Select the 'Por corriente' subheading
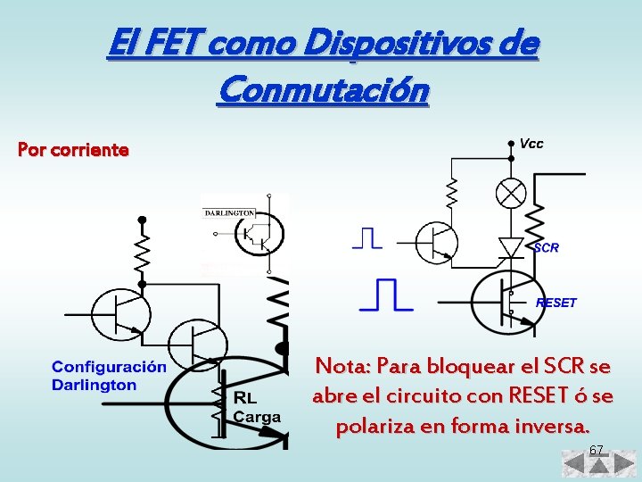point(73,149)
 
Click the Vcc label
point(531,143)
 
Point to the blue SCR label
point(546,247)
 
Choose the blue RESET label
point(556,303)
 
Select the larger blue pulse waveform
point(385,295)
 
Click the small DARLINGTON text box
point(230,212)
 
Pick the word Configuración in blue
point(109,367)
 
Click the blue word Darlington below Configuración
point(94,385)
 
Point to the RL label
point(245,398)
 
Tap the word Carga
point(257,416)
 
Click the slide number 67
point(596,449)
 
